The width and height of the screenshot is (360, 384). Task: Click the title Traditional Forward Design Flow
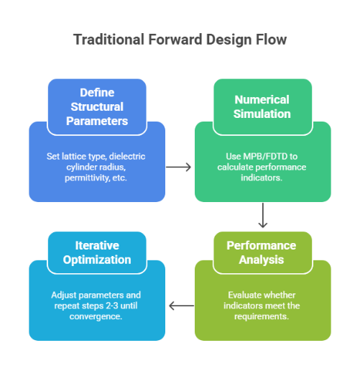tap(180, 40)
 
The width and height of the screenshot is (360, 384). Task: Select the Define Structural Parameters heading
tap(97, 107)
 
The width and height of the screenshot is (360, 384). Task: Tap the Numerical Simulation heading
tap(262, 106)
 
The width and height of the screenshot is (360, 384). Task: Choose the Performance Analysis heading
tap(262, 252)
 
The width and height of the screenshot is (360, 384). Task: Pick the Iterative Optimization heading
tap(96, 252)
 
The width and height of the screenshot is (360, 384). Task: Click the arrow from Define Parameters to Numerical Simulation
tap(179, 167)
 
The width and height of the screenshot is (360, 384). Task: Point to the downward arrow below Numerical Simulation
tap(263, 215)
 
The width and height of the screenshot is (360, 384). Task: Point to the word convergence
tap(96, 317)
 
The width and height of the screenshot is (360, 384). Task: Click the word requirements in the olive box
tap(263, 317)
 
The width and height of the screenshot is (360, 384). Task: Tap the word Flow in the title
tap(273, 40)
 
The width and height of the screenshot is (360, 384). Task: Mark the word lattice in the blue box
tap(74, 156)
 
